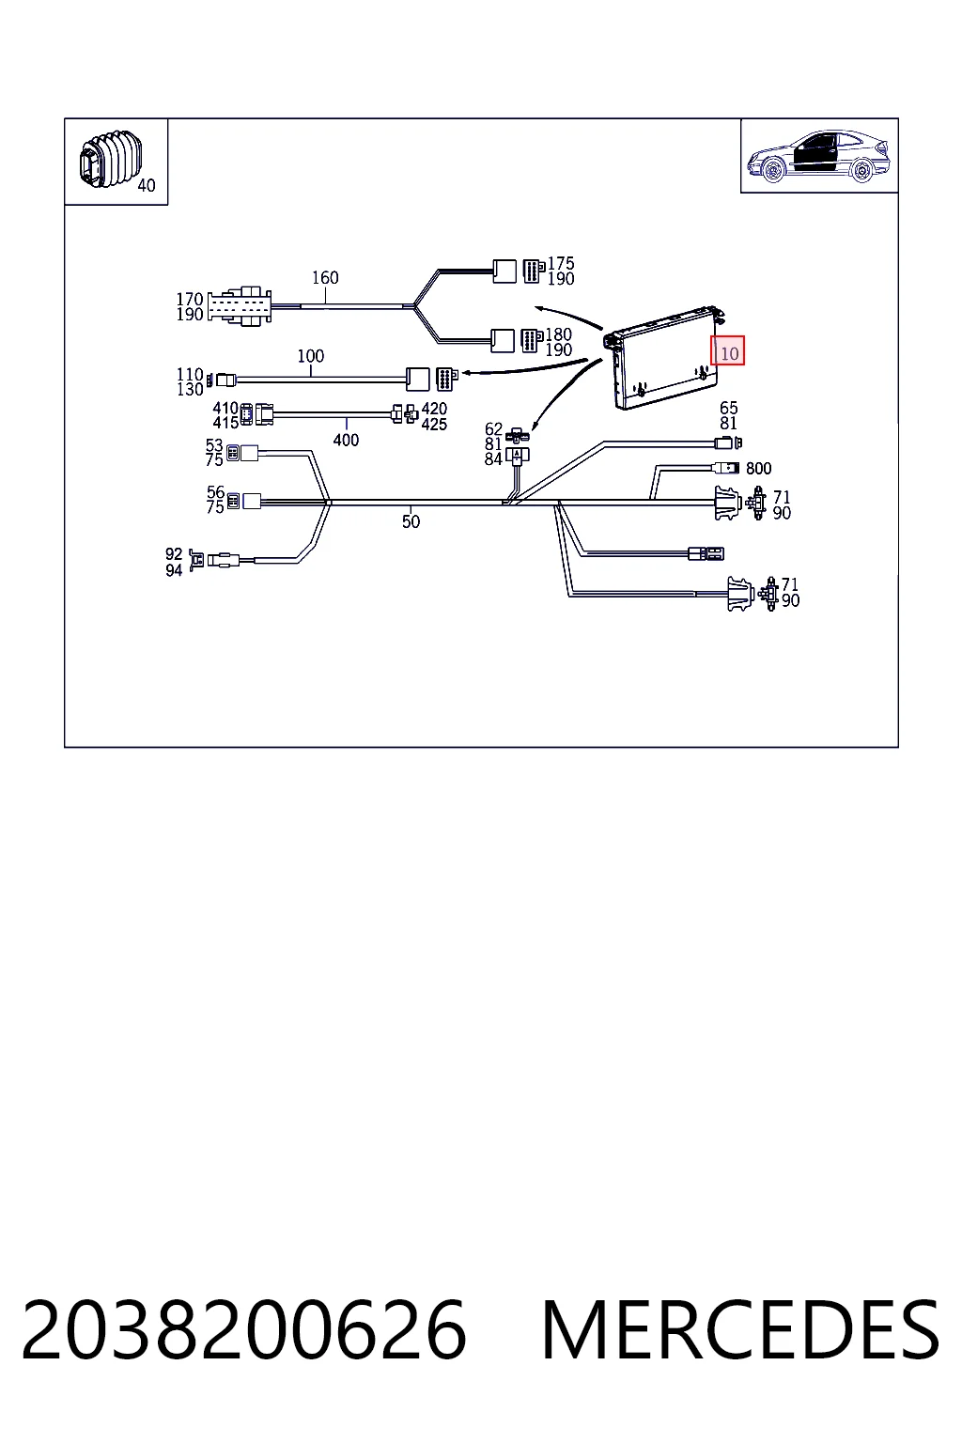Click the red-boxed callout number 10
[x=729, y=353]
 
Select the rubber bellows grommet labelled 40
[x=109, y=160]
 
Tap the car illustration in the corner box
[x=818, y=156]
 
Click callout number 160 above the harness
[x=325, y=278]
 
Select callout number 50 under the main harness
[x=411, y=521]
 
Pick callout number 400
[x=346, y=440]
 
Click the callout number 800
[x=758, y=469]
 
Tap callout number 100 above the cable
[x=311, y=356]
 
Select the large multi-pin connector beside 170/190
[x=240, y=306]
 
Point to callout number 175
[x=561, y=263]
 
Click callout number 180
[x=559, y=334]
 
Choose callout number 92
[x=174, y=554]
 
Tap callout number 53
[x=214, y=445]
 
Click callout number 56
[x=215, y=492]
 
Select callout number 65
[x=729, y=408]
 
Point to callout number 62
[x=493, y=429]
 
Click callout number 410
[x=225, y=409]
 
